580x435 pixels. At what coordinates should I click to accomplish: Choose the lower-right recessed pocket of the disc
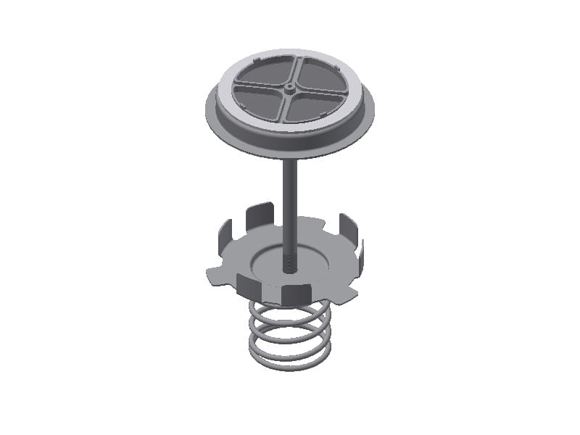[x=314, y=106]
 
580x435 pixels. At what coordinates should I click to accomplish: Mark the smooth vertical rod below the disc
[x=289, y=203]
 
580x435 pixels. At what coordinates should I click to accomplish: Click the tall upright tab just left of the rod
[x=259, y=216]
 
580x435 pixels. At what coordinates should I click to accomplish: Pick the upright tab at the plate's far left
[x=225, y=232]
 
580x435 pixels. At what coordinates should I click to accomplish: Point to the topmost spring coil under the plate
[x=290, y=307]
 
